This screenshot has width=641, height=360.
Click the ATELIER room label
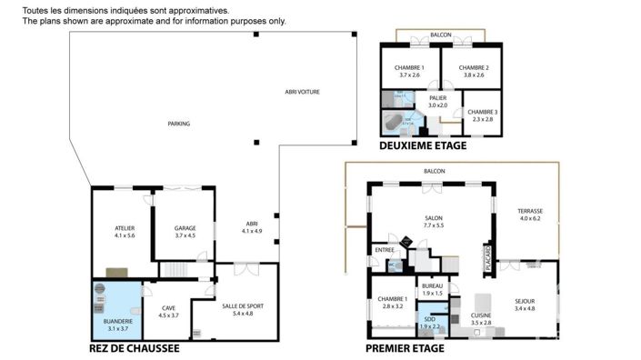point(125,228)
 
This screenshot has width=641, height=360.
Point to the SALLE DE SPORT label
point(243,307)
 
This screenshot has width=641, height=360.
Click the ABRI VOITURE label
point(302,92)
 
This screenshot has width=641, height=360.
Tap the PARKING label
point(178,124)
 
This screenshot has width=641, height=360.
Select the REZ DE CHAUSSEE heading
point(134,348)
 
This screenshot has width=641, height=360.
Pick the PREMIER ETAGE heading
point(405,348)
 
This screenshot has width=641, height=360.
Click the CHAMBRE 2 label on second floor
point(474,68)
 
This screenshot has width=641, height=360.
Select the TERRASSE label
point(530,211)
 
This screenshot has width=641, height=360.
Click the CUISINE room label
point(481,315)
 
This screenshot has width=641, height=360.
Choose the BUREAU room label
point(431,286)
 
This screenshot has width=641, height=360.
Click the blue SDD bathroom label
point(429,320)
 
